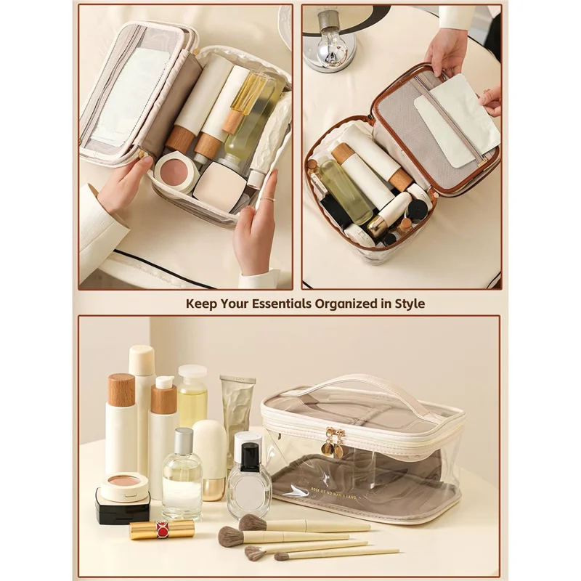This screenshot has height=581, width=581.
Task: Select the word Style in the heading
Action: tap(409, 303)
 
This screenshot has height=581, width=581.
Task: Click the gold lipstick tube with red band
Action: tap(162, 529)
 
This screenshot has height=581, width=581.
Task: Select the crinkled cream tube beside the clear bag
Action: tap(237, 414)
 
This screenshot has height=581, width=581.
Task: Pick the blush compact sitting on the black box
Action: tap(124, 486)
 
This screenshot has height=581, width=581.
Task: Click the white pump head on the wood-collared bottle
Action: tap(164, 382)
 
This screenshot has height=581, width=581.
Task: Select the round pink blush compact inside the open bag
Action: tap(175, 172)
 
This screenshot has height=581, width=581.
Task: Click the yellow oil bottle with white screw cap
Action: tap(192, 396)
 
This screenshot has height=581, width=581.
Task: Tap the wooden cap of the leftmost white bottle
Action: tap(121, 390)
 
